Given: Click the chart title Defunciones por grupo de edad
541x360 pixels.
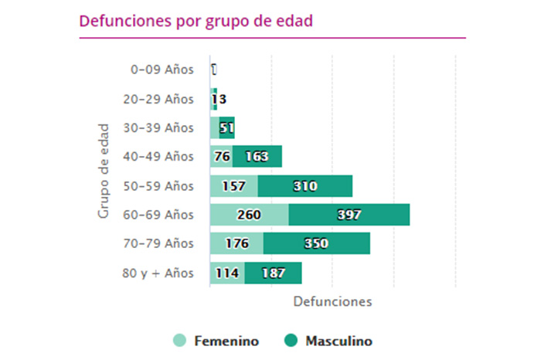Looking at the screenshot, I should pos(196,21).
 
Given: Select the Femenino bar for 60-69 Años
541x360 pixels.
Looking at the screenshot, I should pos(249,215).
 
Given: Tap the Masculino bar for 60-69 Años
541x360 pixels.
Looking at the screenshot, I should pos(349,215).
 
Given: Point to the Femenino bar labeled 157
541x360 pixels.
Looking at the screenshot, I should pos(233,186).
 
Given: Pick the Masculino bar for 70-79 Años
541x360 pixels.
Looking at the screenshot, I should pos(316,244).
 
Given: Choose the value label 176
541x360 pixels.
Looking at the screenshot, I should pos(236,244).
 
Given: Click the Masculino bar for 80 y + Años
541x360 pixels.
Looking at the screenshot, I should pos(273,273).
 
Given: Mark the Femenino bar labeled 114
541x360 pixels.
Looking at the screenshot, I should pos(227,273).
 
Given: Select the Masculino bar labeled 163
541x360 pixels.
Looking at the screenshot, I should pos(257,157).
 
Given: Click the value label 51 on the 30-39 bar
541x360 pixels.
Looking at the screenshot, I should pos(227,127).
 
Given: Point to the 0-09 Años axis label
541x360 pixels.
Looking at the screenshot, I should pos(162,70).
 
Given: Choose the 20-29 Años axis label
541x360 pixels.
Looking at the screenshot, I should pos(158,99).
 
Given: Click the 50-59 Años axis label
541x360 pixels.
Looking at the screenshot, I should pos(158,186).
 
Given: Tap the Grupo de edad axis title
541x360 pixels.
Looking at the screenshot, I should pos(104,171).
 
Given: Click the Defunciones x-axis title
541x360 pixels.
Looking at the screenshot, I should pos(332,301).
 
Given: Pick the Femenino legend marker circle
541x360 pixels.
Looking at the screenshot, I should pos(179,341).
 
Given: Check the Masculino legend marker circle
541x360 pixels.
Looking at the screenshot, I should pos(291,341).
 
